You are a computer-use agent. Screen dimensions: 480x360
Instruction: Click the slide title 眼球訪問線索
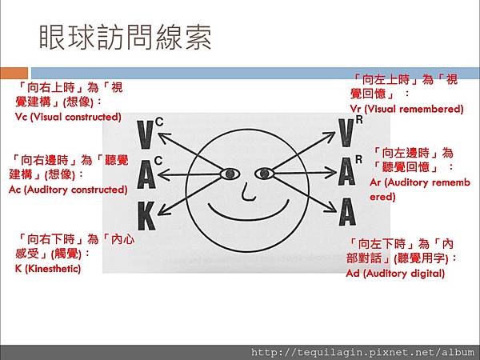coord(126,38)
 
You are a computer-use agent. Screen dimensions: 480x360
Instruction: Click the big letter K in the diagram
coord(146,217)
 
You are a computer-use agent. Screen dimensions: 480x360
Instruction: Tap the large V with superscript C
coord(145,134)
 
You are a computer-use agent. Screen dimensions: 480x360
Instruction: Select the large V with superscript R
coord(346,133)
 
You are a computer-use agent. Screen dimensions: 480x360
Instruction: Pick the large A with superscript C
coord(146,174)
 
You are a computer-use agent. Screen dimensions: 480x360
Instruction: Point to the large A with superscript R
coord(347,172)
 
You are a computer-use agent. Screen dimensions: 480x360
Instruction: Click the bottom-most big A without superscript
coord(347,212)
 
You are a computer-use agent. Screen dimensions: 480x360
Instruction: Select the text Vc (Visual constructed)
coord(68,117)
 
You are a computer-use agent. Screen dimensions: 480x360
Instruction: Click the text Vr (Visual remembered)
coord(406,109)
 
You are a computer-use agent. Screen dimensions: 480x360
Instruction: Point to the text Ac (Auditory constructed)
coord(68,190)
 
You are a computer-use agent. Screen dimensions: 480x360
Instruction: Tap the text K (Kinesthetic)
coord(48,269)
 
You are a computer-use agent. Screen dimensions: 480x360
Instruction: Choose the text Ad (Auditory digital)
coord(395,273)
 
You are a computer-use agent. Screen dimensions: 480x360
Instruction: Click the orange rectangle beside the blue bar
coord(14,73)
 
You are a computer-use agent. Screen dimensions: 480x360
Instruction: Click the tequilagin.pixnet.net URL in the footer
coord(362,352)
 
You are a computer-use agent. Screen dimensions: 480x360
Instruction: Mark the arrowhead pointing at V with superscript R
coord(330,136)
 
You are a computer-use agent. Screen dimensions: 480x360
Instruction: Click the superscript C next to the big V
coord(159,122)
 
